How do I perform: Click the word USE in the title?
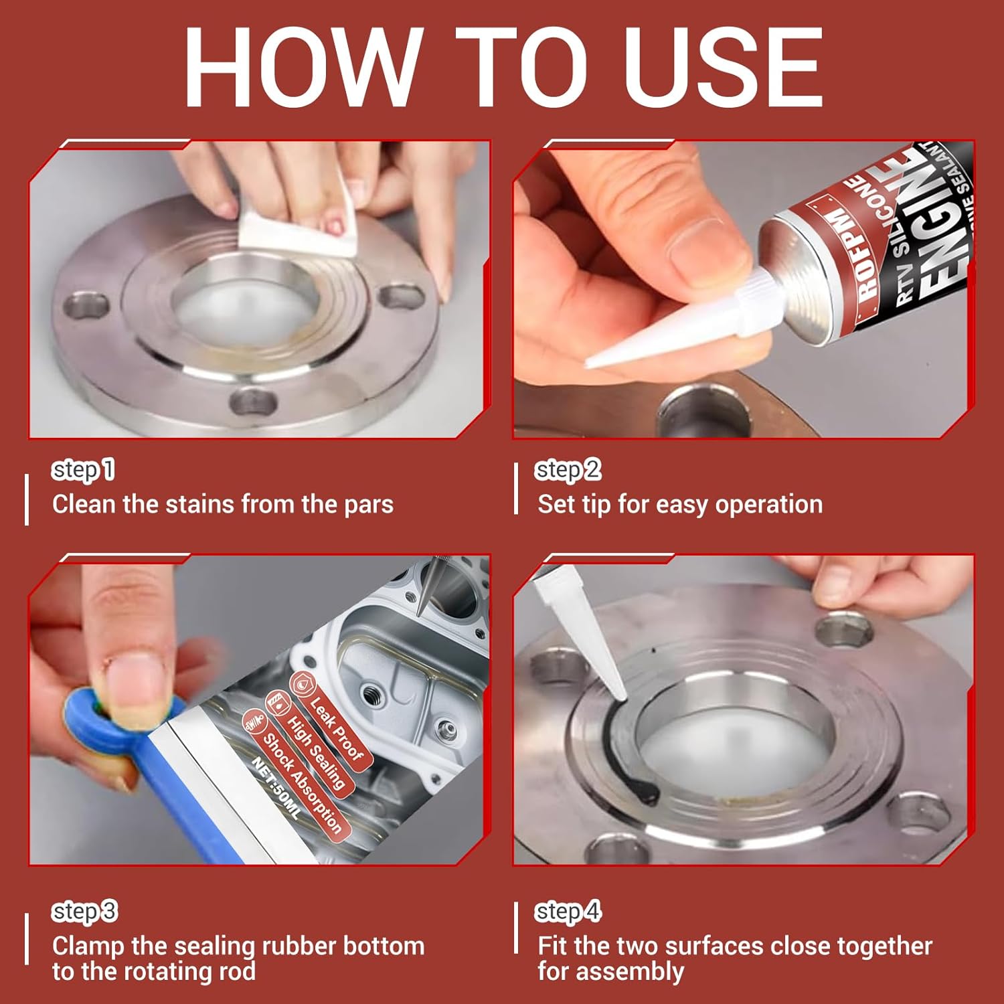coord(724,68)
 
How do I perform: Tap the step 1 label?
coord(84,470)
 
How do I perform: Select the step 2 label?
coord(568,470)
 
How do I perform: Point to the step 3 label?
coord(85,912)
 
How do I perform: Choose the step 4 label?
coord(568,912)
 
